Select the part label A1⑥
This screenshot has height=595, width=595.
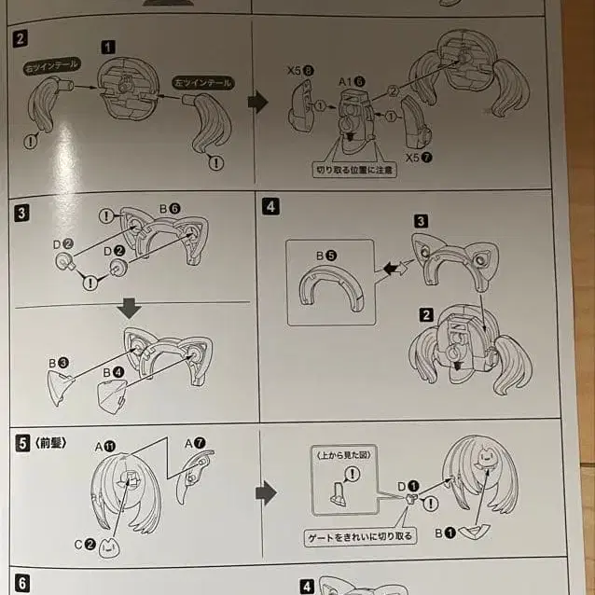(353, 82)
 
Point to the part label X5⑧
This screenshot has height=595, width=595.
(300, 70)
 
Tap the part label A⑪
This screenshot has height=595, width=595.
(105, 447)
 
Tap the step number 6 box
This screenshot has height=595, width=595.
(22, 584)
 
